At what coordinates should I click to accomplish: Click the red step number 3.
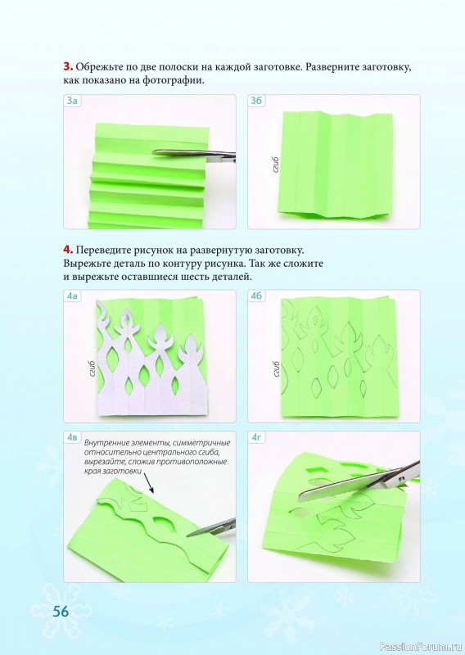[x=68, y=67]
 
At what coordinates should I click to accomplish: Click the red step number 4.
[x=69, y=251]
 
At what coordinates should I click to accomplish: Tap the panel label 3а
[x=72, y=101]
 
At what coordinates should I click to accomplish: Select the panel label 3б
[x=256, y=101]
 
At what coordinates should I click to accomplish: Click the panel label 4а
[x=72, y=296]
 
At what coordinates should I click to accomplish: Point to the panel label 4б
[x=256, y=296]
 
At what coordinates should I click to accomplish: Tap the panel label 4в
[x=72, y=438]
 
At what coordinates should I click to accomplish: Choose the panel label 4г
[x=256, y=438]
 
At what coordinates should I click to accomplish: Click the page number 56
[x=61, y=612]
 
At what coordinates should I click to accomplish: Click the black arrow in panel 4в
[x=147, y=483]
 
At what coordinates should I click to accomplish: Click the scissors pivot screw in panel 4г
[x=401, y=477]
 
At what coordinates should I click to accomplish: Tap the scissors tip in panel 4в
[x=187, y=535]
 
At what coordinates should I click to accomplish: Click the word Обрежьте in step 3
[x=97, y=67]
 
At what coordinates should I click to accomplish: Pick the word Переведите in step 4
[x=103, y=251]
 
